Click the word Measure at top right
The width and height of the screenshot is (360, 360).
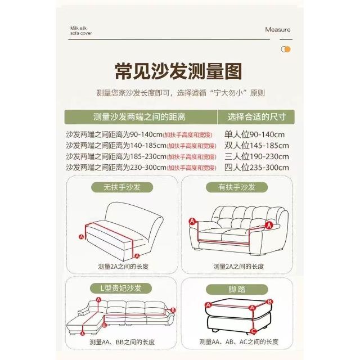coord(277,30)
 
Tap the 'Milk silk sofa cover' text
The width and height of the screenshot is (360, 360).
coord(81,31)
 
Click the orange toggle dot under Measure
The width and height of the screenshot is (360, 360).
coord(287,49)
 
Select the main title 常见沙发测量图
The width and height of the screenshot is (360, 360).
coord(178,71)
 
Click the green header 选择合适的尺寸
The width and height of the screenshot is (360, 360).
coord(256,117)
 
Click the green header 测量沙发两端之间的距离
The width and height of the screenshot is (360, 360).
coord(139,117)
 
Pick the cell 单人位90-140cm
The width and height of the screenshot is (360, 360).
coord(254,134)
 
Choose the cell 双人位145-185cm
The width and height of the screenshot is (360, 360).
coord(256,146)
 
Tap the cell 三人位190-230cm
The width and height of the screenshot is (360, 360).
coord(256,156)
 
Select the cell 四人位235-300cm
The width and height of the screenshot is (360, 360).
coord(256,168)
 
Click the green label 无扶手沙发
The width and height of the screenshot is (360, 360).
coord(122,187)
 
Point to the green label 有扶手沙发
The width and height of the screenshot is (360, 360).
coord(237,187)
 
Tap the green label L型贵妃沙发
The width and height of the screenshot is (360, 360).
coord(121,289)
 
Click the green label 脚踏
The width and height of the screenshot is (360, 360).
coord(237,289)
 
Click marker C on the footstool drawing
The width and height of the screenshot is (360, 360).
coord(253,331)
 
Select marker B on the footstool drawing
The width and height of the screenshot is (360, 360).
coord(270,301)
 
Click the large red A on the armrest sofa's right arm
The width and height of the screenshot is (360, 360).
coord(269,225)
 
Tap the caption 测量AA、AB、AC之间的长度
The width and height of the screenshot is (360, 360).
coord(238,342)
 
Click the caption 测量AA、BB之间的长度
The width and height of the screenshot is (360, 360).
coord(122,342)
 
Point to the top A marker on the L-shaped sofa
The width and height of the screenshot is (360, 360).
coord(99,300)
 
